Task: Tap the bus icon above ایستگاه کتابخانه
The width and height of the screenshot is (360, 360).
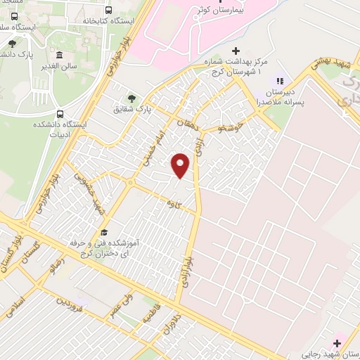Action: coord(108,10)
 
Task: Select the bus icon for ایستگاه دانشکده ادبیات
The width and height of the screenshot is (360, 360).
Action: coord(60,114)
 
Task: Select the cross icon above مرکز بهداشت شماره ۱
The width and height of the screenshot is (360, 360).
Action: coord(236,51)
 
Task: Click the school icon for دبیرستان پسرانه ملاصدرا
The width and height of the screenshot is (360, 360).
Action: coord(280,82)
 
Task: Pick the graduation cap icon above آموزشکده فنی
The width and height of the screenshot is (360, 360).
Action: coord(105,232)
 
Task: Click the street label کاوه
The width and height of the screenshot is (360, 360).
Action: coord(170,202)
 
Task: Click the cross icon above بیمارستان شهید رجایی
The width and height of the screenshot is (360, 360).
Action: coord(337,344)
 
